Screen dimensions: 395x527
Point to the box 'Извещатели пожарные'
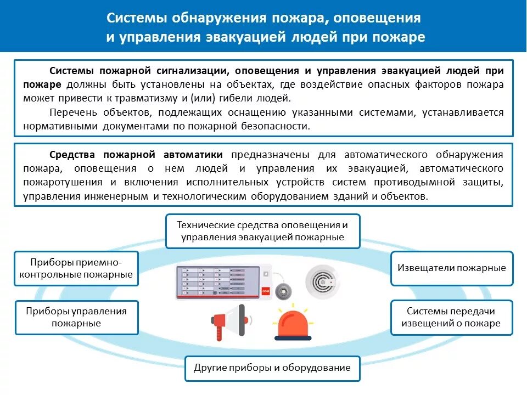[452, 268]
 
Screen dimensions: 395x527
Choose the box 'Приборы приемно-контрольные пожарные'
[76, 268]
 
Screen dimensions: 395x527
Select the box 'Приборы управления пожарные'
[76, 317]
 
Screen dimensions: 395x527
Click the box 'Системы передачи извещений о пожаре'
[451, 317]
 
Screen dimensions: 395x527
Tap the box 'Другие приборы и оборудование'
[272, 368]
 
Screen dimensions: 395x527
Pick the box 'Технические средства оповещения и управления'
[263, 231]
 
